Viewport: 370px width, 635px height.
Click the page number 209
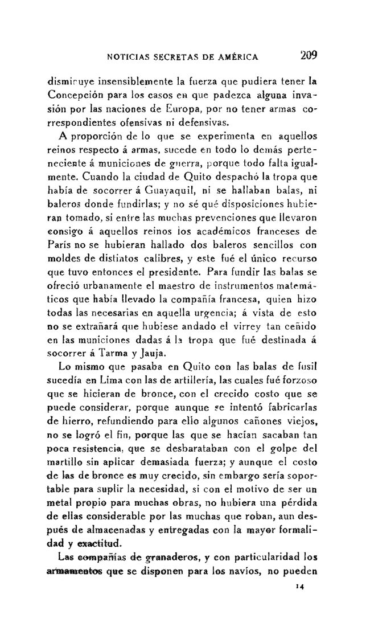pos(307,56)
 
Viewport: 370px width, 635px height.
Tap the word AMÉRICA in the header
pos(238,57)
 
